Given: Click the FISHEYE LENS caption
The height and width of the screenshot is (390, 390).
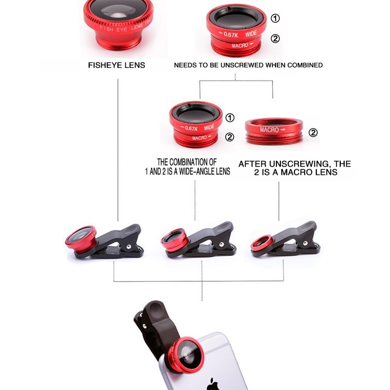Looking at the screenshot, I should point(117,65).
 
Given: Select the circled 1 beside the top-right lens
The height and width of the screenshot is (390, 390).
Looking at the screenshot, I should point(275,19).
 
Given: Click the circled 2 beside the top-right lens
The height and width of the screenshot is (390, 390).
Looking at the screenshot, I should point(275,39).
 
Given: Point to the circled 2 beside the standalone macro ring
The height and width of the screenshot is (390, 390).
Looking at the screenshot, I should point(313,132).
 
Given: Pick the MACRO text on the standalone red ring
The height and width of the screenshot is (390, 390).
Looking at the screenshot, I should point(270,130).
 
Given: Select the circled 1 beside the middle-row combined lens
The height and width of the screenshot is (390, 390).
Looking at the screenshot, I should point(230,117).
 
